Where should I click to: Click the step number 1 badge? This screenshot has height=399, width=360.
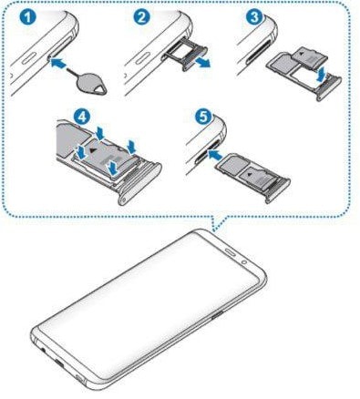point(27,18)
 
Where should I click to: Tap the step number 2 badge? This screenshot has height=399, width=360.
point(141,18)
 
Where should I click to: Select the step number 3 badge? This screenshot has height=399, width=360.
point(254,17)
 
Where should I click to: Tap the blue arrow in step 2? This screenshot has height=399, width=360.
point(202,63)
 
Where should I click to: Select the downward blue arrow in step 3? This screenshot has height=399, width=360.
point(321,74)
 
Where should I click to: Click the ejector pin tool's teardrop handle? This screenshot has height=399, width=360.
point(93,87)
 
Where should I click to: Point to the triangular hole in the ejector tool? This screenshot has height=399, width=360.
point(98,90)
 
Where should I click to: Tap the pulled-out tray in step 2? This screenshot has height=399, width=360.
point(183,56)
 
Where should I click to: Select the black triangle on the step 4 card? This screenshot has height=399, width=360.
point(92,150)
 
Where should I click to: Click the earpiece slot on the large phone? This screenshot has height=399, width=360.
point(231,251)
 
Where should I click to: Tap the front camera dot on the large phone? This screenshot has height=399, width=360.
point(244,261)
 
